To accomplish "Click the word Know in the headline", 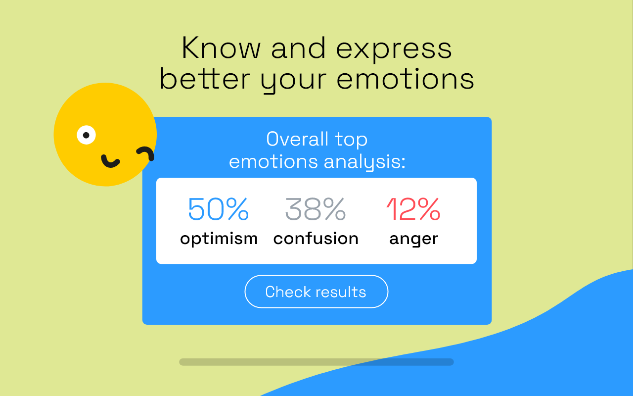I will [221, 49].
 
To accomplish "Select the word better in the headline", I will [204, 79].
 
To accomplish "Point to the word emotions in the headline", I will [405, 79].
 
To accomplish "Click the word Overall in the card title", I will [297, 139].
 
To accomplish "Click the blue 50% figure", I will [218, 209].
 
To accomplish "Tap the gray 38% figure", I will [315, 209].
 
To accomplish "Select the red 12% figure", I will [413, 209].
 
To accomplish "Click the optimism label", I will [219, 239].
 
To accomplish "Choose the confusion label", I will [316, 239].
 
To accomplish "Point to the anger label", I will [413, 239].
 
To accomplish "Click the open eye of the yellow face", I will [87, 135].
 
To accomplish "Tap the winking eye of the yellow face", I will [145, 153].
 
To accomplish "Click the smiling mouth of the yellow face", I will [110, 161].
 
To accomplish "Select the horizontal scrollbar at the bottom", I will [316, 362].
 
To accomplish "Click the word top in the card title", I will [351, 140].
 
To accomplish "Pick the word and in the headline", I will [298, 49].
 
